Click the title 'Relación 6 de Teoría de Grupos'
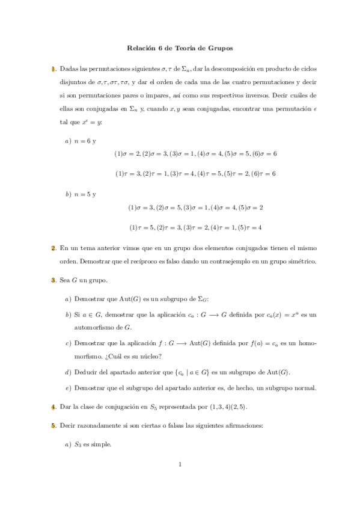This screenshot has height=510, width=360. point(180,47)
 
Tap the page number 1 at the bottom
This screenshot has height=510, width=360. point(180,464)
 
